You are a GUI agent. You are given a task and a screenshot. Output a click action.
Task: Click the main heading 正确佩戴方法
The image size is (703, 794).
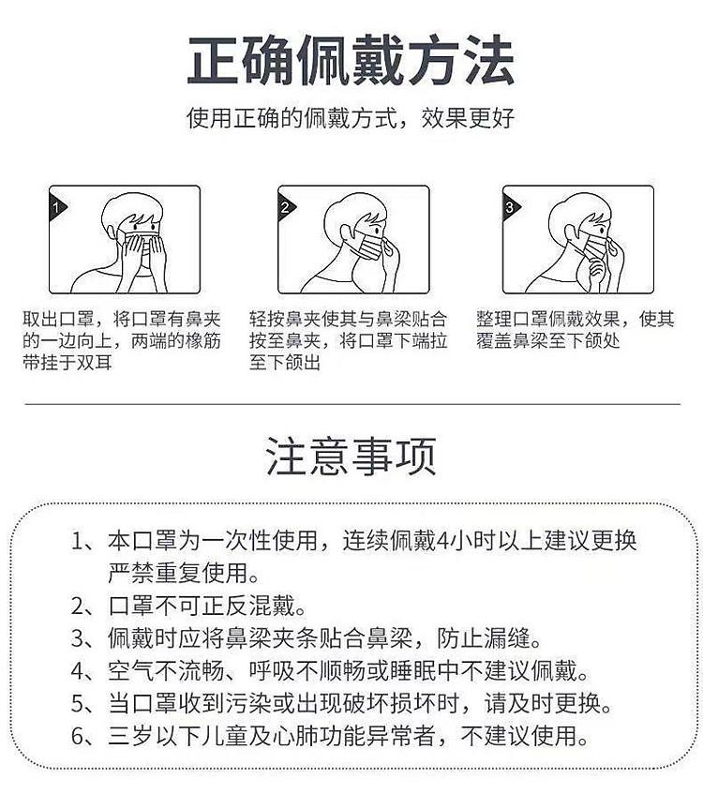[x=351, y=63]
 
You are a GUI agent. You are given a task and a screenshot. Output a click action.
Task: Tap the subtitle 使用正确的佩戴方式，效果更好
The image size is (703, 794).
[x=351, y=119]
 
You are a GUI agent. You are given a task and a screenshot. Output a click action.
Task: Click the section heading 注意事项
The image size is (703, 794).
[x=351, y=457]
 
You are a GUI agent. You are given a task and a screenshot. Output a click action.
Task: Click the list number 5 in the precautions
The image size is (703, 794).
[x=79, y=703]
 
